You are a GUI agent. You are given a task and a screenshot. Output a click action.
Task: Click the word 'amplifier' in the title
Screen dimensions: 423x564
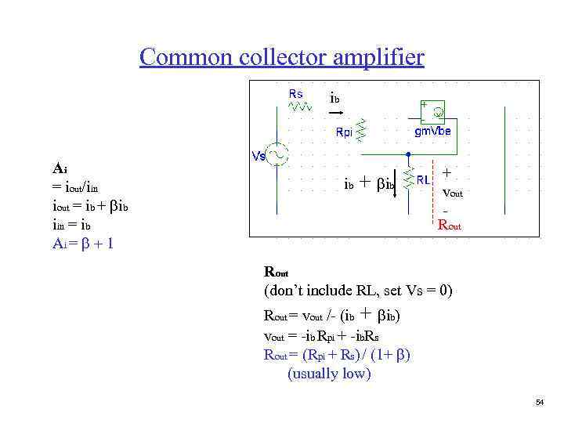(378, 58)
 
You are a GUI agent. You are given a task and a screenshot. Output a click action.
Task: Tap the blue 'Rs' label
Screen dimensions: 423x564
(295, 93)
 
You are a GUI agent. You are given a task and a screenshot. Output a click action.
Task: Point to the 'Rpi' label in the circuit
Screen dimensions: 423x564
(344, 132)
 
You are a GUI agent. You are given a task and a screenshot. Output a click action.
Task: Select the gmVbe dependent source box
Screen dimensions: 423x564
(433, 112)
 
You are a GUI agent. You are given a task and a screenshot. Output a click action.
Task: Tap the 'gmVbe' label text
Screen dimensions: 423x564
(432, 132)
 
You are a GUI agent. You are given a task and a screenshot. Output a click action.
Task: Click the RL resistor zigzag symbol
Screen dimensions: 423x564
(408, 179)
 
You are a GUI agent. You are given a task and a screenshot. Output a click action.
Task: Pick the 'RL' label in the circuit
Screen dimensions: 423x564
(424, 179)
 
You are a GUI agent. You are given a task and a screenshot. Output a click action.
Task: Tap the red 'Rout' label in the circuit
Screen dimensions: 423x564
(450, 226)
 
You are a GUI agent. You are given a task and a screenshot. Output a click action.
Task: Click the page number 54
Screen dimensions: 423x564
(539, 402)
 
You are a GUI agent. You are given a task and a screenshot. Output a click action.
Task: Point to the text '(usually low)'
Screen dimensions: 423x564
(329, 373)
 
